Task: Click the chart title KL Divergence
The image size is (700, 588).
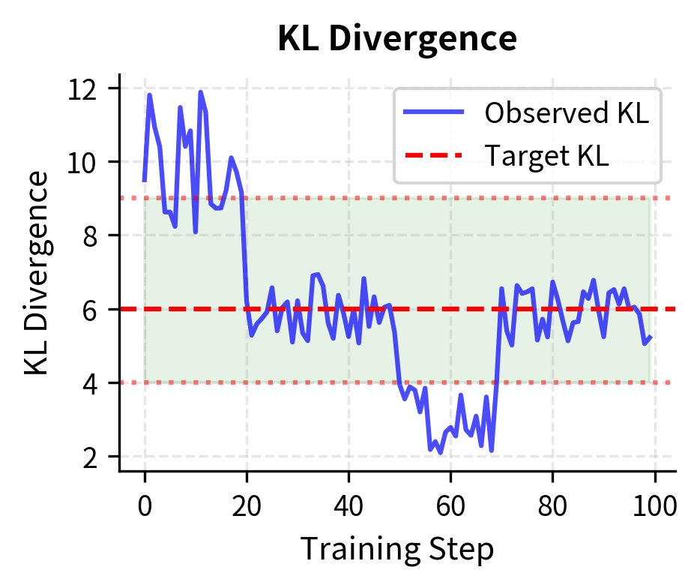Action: pos(396,39)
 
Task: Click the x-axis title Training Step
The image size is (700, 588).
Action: pos(396,550)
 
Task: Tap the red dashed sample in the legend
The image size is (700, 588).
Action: pos(434,155)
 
